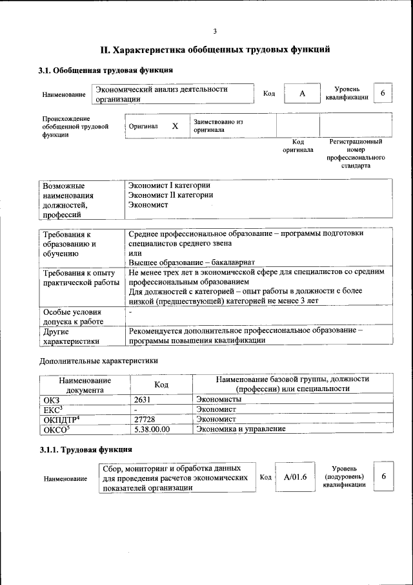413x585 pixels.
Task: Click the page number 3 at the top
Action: click(215, 30)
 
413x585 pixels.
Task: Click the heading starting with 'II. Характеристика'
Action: click(215, 49)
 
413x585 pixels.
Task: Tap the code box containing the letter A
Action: click(301, 94)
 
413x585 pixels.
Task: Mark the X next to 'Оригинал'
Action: click(175, 126)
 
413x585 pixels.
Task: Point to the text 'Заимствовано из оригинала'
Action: click(217, 125)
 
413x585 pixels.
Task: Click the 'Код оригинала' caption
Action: click(297, 145)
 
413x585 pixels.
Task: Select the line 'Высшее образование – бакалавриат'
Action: click(192, 262)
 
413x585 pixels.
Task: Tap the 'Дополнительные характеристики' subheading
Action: click(98, 360)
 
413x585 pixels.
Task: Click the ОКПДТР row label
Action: click(61, 419)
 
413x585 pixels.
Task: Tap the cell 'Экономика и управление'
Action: click(241, 429)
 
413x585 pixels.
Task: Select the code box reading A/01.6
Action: click(295, 477)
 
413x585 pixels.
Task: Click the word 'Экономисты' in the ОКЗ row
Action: click(217, 400)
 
